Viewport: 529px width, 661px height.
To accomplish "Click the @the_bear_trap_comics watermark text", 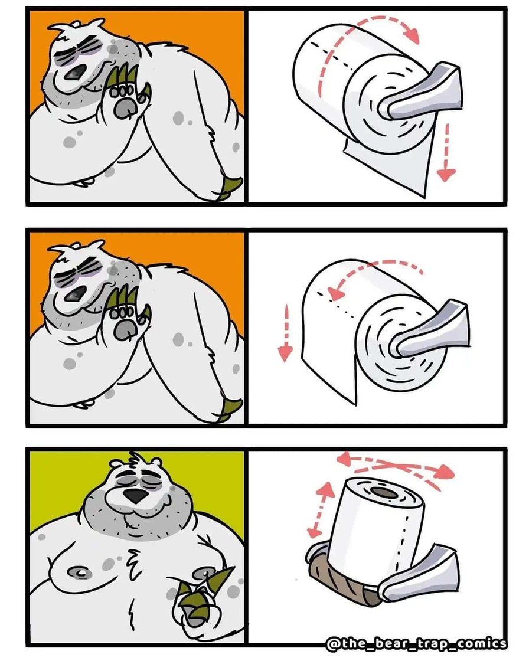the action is click(x=417, y=644).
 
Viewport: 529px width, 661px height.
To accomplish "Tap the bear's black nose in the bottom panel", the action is click(x=135, y=496).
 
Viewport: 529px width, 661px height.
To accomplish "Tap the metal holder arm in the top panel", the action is click(x=422, y=93).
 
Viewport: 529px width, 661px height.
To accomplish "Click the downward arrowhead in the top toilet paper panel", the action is click(x=446, y=174).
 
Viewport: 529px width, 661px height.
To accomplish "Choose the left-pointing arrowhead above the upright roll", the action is click(x=344, y=459).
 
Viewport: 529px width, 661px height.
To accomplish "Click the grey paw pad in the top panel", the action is click(x=125, y=108).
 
